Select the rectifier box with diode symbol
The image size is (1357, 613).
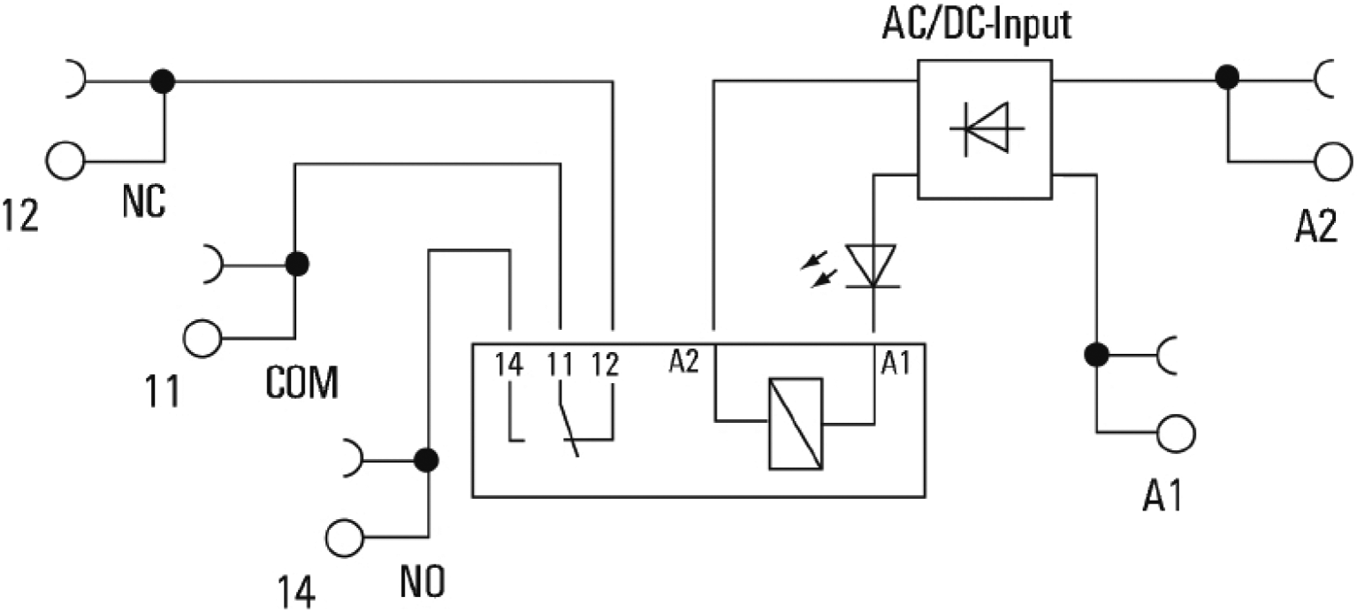point(985,128)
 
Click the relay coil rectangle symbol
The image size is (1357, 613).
point(796,422)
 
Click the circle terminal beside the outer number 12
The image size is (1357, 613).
point(66,162)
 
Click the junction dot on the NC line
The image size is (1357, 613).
point(163,82)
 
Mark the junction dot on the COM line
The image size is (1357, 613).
point(297,264)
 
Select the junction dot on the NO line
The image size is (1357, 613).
point(427,460)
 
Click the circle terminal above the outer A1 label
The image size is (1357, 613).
point(1176,433)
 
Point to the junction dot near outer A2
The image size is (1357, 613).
point(1226,78)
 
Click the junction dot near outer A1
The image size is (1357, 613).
point(1097,355)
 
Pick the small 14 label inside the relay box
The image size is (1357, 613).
point(509,363)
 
